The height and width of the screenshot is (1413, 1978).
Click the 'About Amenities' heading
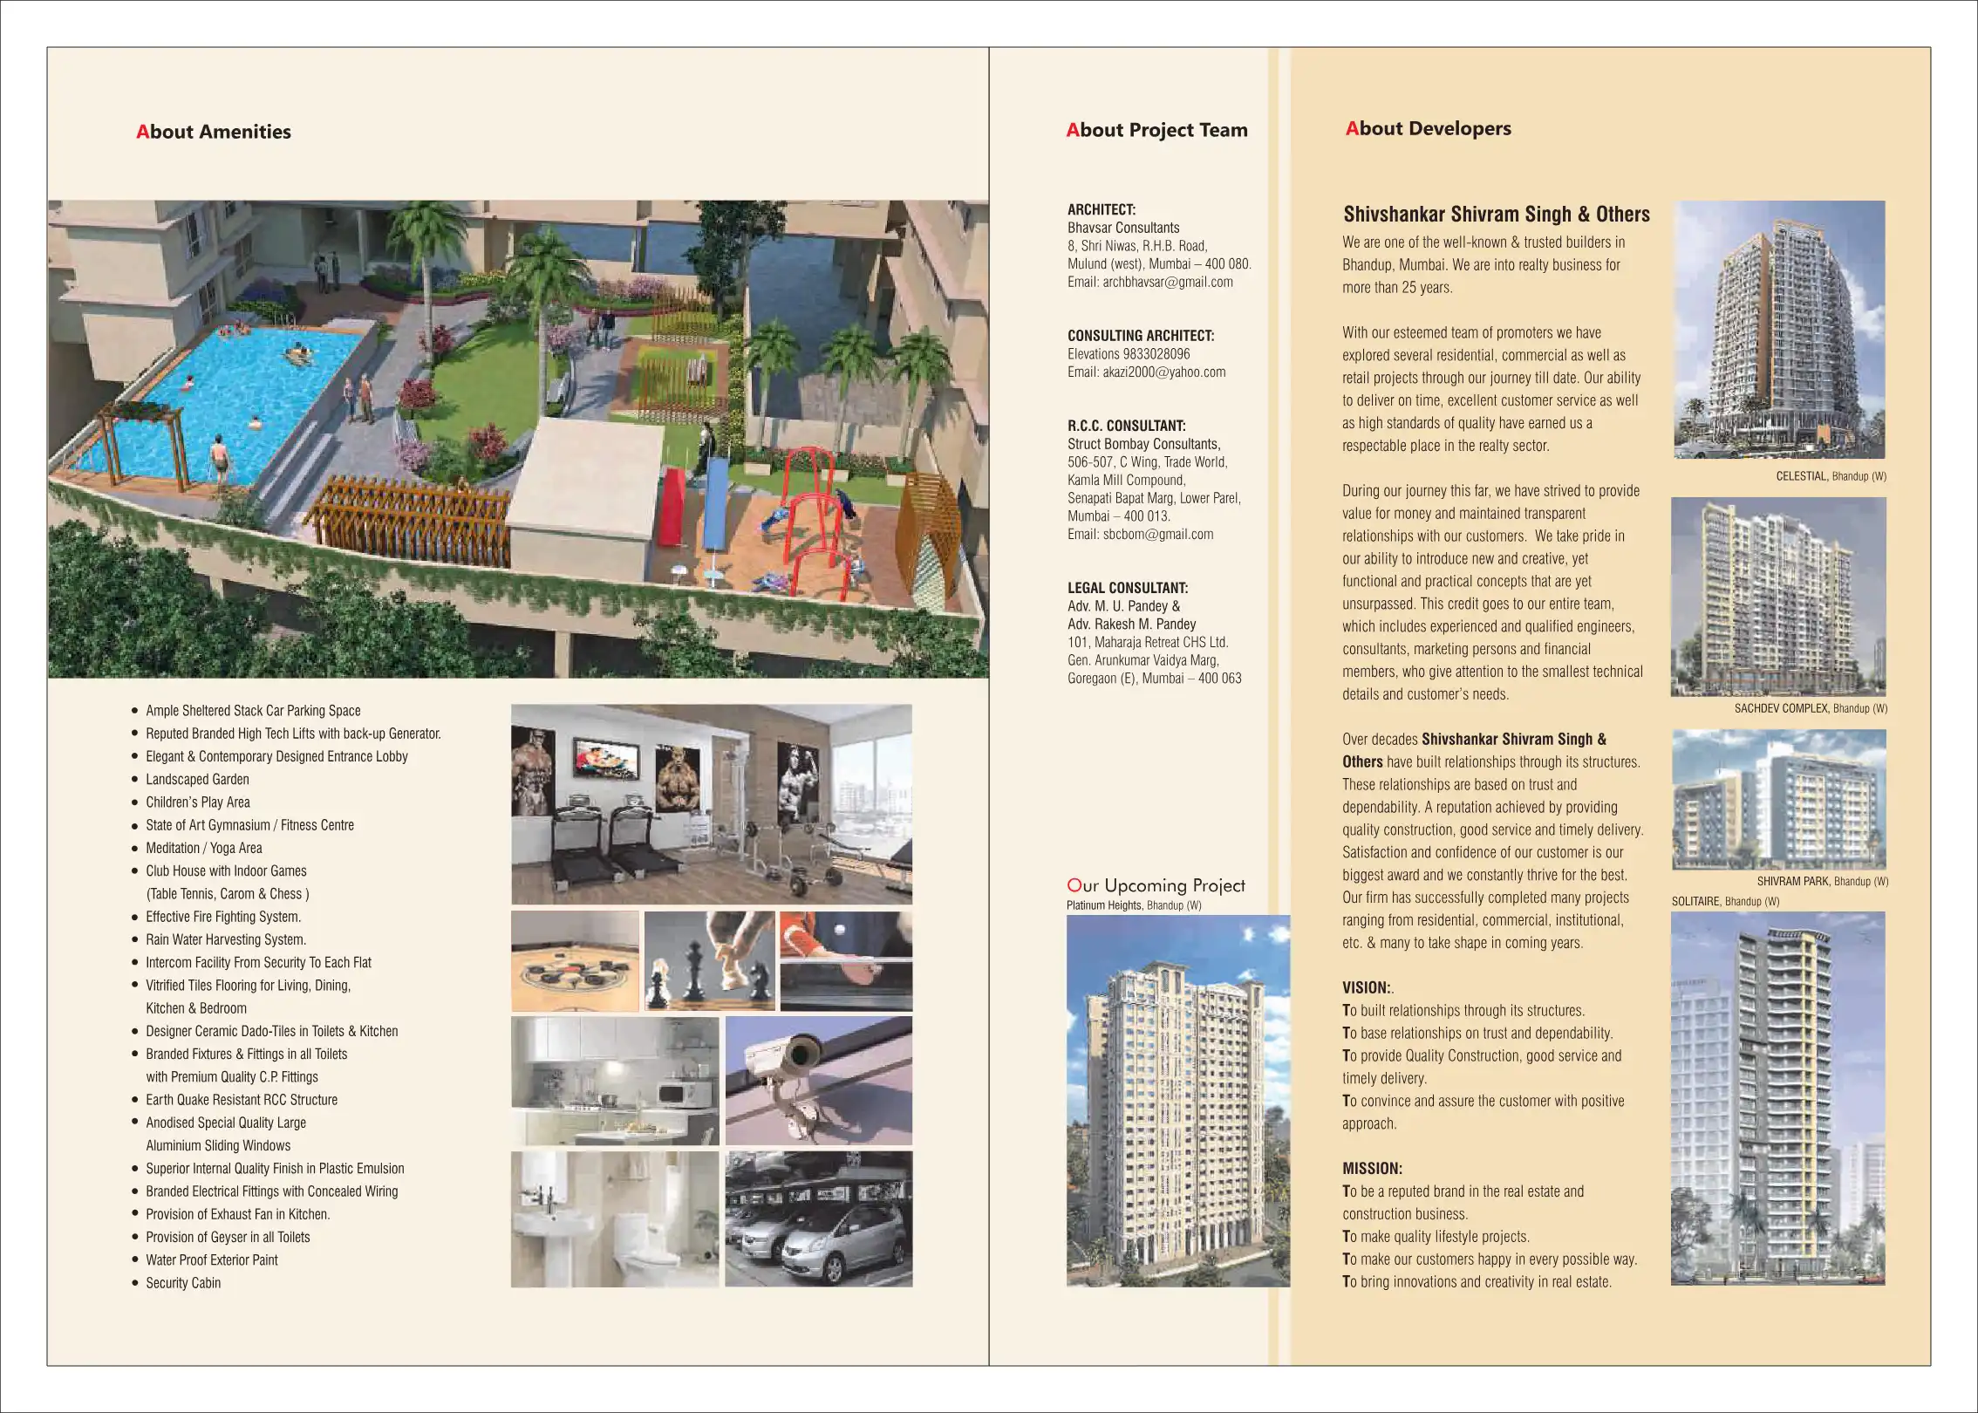[214, 132]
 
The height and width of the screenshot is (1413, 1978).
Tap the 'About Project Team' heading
[1156, 130]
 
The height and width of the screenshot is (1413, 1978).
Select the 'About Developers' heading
[1428, 128]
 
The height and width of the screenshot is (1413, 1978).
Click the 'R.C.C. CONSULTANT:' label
[1126, 426]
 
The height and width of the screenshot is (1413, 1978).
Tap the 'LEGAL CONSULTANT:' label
[1127, 588]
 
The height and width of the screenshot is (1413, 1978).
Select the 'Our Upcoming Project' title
[1156, 885]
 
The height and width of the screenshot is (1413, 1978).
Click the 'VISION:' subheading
[1366, 987]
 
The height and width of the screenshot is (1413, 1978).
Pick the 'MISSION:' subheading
[1372, 1168]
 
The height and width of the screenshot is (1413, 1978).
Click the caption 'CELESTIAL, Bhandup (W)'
[1831, 476]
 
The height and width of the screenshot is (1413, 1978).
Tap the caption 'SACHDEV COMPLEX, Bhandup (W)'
[1811, 708]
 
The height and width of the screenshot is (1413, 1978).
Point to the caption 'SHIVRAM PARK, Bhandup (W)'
[1822, 881]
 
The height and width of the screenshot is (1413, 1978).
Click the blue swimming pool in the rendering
[244, 384]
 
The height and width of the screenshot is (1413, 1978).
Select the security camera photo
[818, 1080]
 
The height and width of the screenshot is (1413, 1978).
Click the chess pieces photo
[709, 960]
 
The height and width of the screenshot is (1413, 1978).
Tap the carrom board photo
[575, 961]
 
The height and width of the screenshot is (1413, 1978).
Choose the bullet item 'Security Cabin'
[183, 1283]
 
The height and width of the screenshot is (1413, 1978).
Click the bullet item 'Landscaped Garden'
[197, 780]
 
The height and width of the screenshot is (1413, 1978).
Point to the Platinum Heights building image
[1177, 1101]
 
